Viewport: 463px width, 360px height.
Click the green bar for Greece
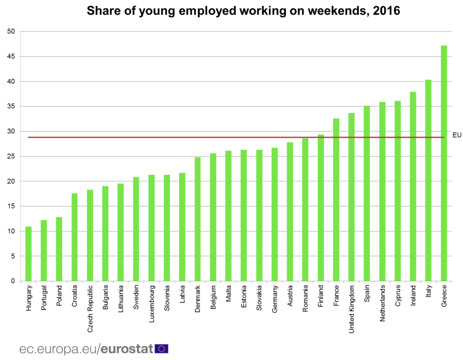click(x=444, y=163)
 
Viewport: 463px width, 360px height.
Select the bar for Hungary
click(x=28, y=254)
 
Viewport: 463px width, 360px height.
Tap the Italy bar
click(x=428, y=180)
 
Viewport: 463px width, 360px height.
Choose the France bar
click(x=336, y=199)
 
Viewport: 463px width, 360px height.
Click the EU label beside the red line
click(x=457, y=135)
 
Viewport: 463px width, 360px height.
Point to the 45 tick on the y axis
click(x=11, y=57)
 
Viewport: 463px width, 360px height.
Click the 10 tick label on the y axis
click(x=11, y=231)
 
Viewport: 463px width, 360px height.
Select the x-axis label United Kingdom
click(x=351, y=309)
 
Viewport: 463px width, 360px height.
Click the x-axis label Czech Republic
click(x=90, y=309)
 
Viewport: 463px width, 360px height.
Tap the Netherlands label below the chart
click(x=382, y=303)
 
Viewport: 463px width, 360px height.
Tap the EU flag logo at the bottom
click(x=161, y=349)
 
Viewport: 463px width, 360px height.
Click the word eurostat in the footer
click(x=127, y=349)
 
